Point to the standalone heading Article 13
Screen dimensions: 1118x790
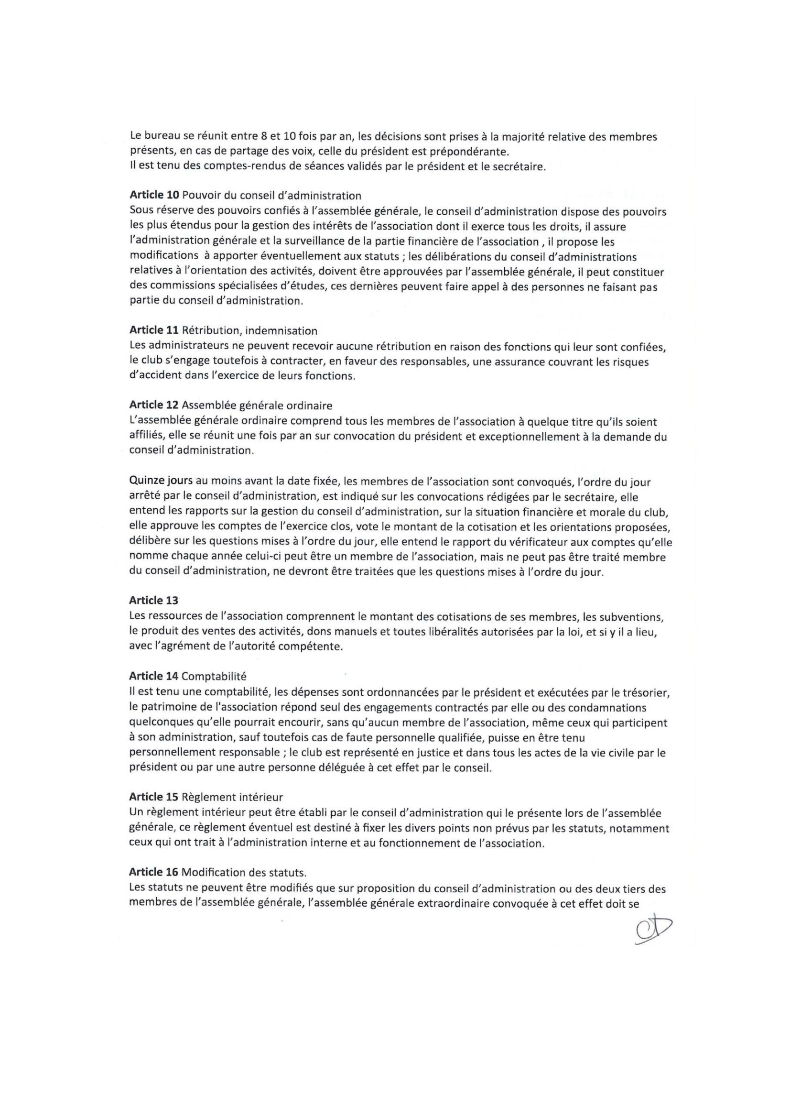(x=154, y=601)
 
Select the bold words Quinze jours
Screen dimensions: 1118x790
(x=161, y=482)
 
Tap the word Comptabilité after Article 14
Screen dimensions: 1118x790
(x=214, y=676)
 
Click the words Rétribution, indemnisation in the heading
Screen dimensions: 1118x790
(x=249, y=330)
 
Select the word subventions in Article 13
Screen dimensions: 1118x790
(x=636, y=617)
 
